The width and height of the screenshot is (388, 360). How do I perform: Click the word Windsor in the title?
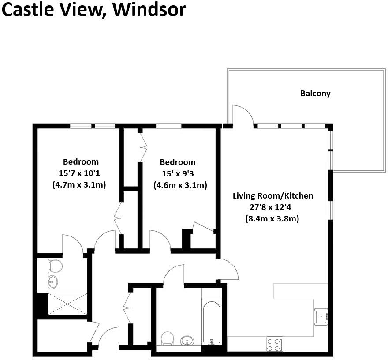(x=149, y=9)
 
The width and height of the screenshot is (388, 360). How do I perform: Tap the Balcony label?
(x=315, y=94)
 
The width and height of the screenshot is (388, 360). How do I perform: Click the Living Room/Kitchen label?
(x=273, y=195)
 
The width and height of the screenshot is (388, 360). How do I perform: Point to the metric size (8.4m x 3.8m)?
(x=272, y=218)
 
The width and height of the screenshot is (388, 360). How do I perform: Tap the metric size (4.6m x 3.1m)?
(x=180, y=185)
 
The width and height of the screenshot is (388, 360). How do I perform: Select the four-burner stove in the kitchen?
(x=275, y=344)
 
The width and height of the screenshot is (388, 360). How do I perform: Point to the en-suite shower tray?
(x=67, y=304)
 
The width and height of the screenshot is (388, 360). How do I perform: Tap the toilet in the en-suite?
(x=55, y=266)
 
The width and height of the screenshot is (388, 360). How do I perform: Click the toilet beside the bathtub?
(x=167, y=339)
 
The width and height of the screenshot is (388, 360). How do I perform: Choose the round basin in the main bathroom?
(x=187, y=341)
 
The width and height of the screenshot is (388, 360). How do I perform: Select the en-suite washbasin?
(x=53, y=281)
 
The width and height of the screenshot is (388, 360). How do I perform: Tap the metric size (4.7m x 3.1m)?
(x=81, y=184)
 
